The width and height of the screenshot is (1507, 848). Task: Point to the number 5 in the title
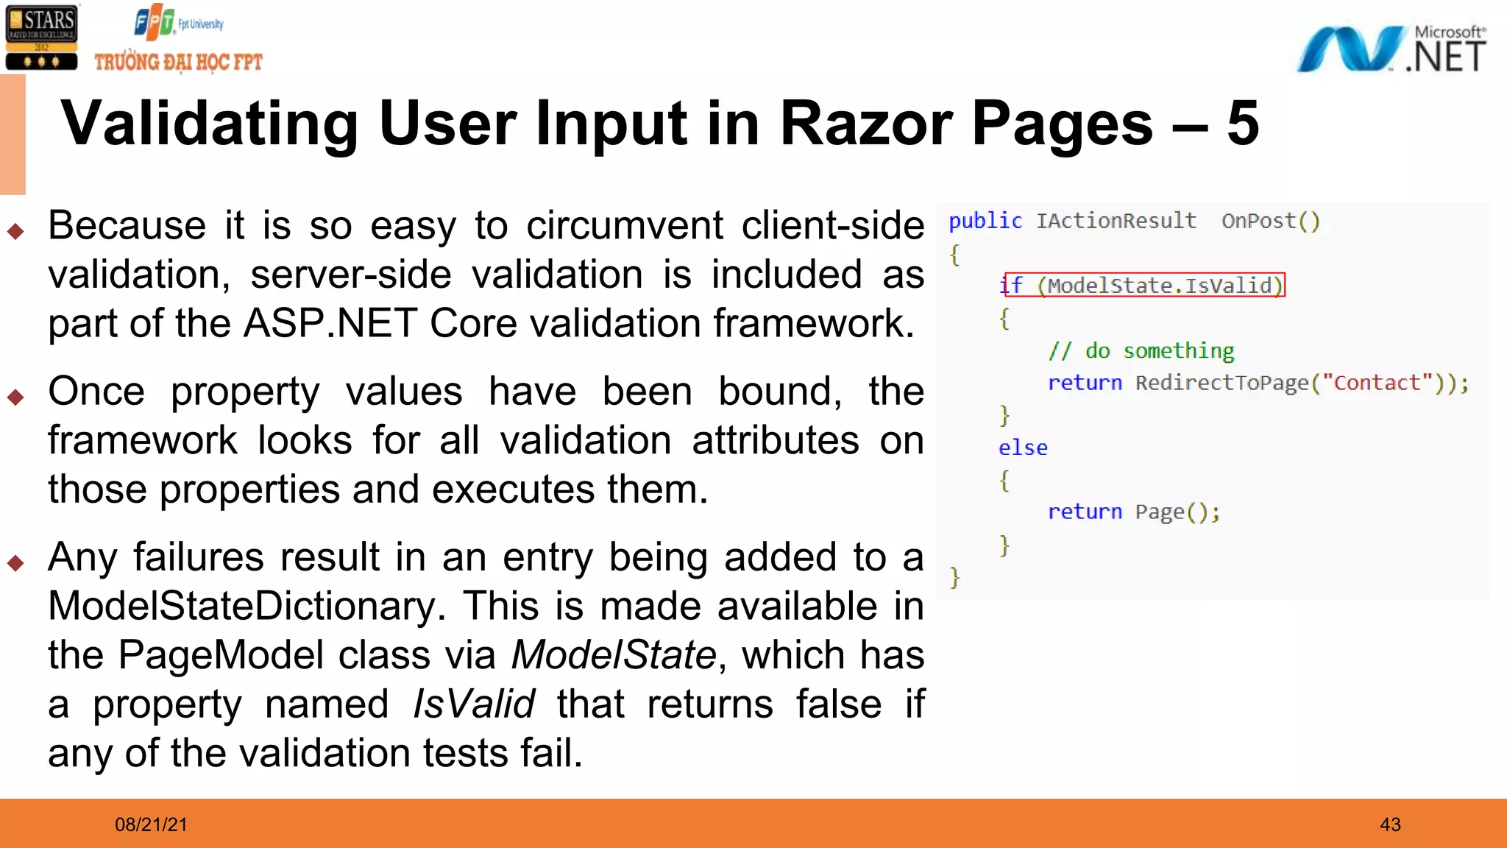pos(1243,123)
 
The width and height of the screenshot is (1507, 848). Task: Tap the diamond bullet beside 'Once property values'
pos(15,397)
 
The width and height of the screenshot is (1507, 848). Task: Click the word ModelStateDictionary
pos(246,606)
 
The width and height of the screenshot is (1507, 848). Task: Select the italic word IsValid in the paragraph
pos(473,704)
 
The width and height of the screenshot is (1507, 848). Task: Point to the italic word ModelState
pos(614,655)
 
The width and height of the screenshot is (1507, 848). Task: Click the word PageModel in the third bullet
pos(221,655)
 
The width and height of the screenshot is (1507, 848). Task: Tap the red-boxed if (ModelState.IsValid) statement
pos(1143,285)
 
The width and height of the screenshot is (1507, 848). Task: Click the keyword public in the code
pos(985,221)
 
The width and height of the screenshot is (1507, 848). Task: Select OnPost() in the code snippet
pos(1271,221)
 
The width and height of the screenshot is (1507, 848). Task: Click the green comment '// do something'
pos(1141,350)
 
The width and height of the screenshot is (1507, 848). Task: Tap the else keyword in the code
pos(1023,448)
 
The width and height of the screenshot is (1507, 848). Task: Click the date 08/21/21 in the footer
pos(151,824)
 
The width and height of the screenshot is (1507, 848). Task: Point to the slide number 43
pos(1390,824)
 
